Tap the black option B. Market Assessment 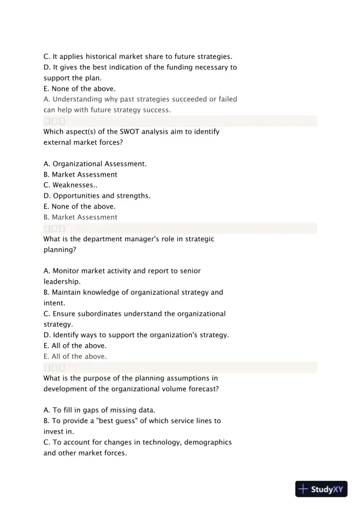tap(81, 174)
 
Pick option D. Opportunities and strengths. tap(96, 195)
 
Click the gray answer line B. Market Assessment tap(81, 217)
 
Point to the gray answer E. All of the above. tap(75, 356)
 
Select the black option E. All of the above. tap(75, 345)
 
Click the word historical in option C tap(107, 56)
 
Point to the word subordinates tap(102, 314)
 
